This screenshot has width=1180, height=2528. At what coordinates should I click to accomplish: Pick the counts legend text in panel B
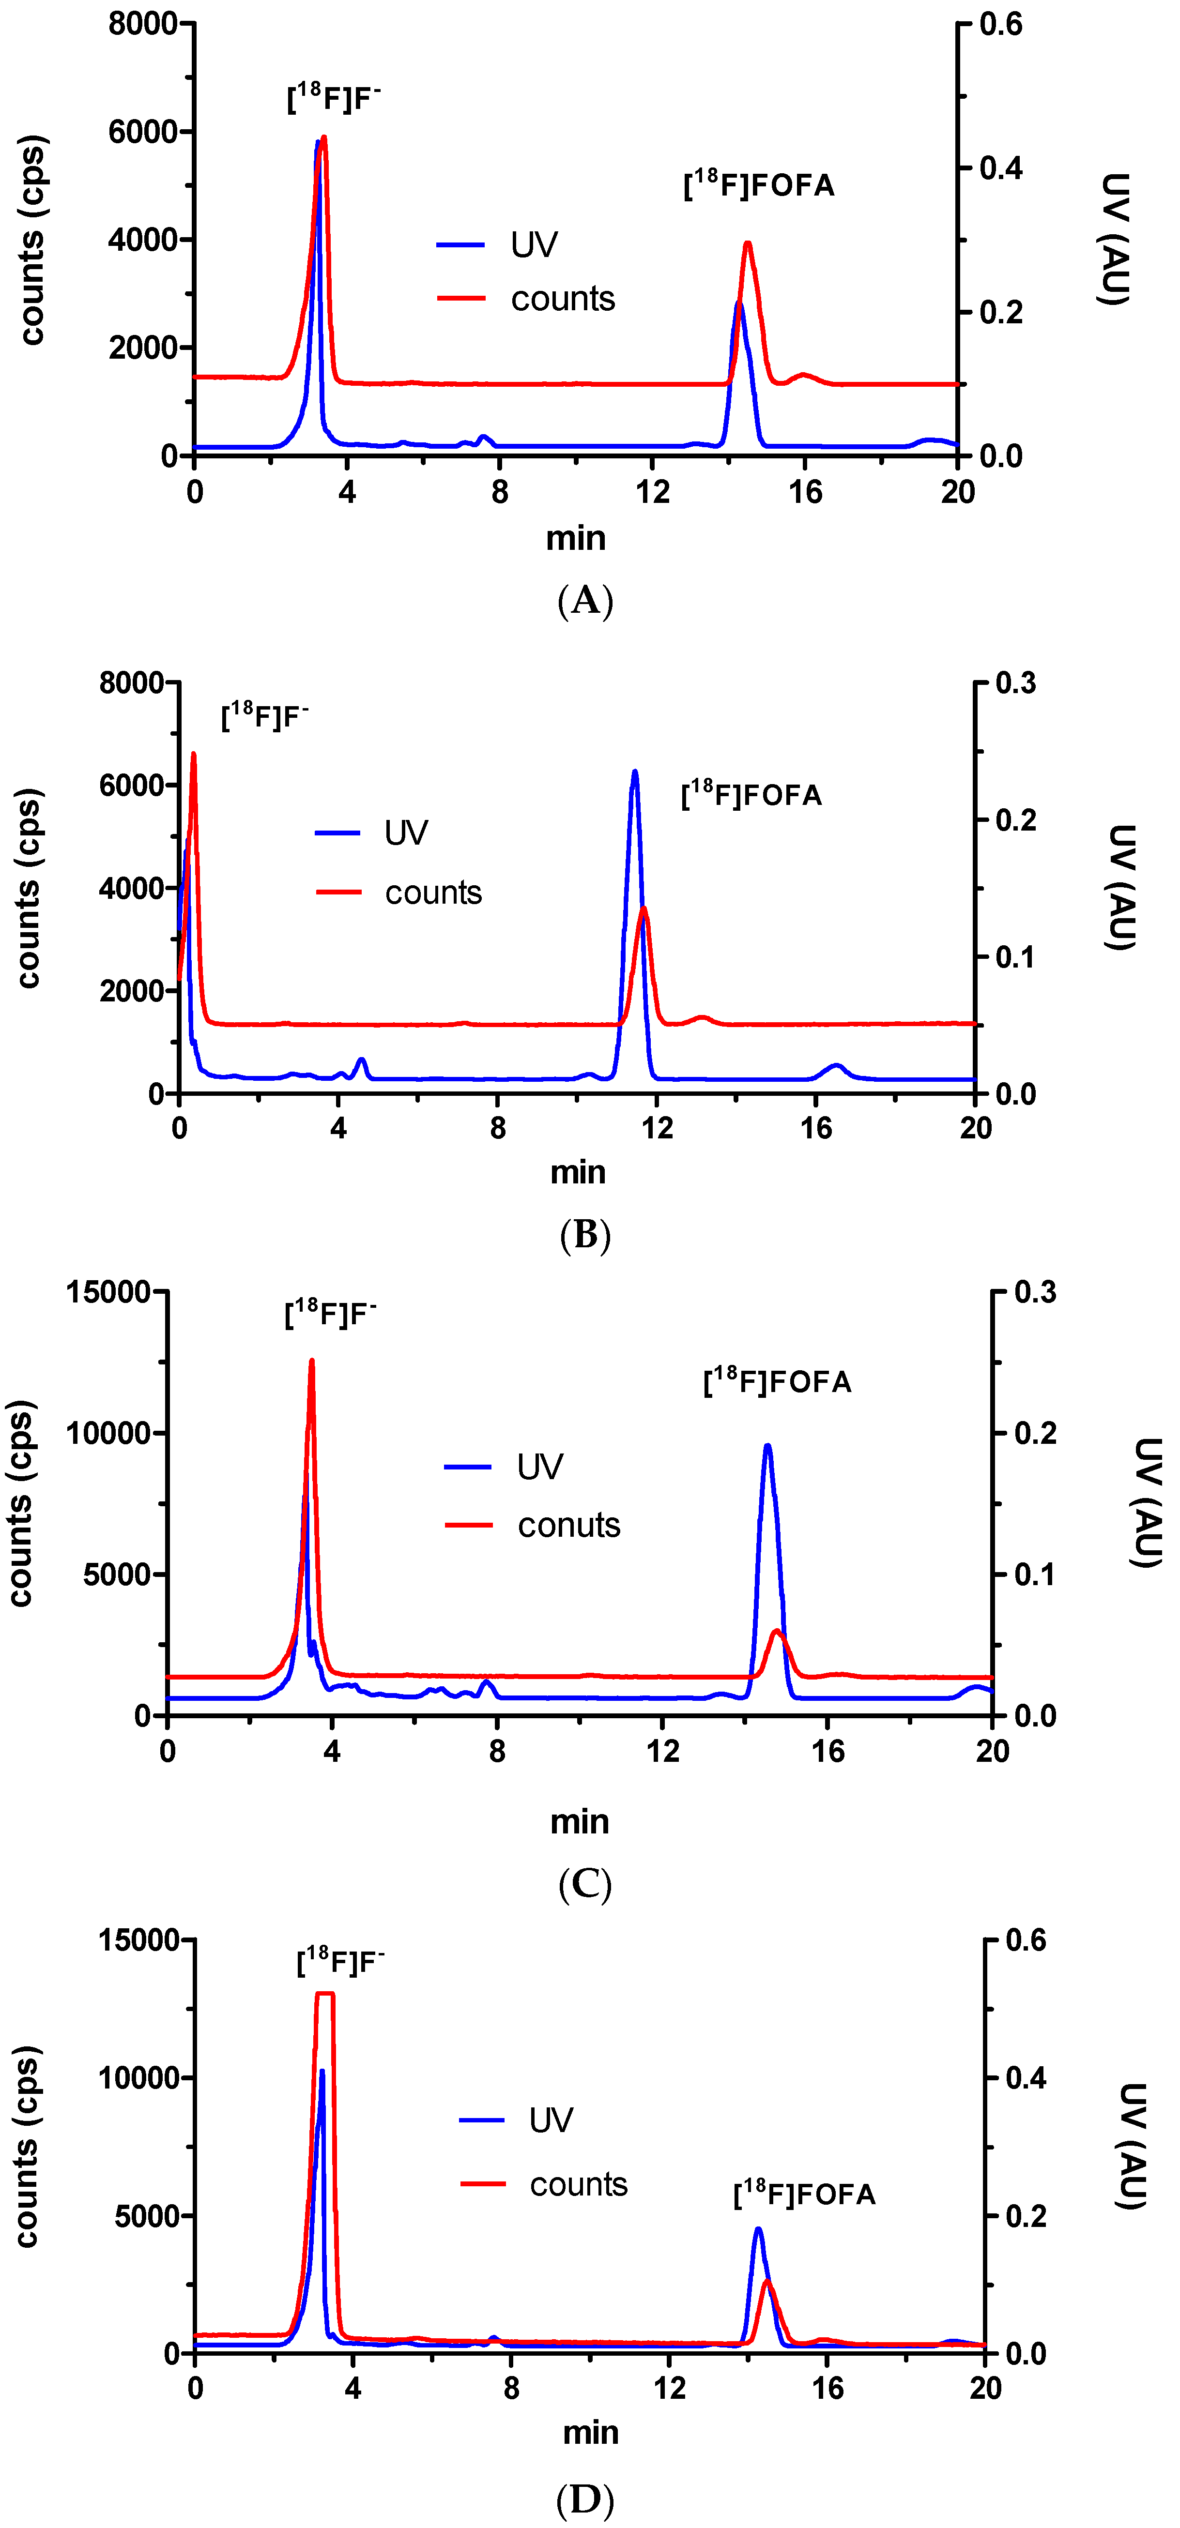(x=433, y=892)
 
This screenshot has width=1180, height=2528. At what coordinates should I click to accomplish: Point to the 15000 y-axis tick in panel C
(x=108, y=1291)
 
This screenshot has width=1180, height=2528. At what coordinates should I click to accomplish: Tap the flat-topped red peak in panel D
(x=325, y=1994)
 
